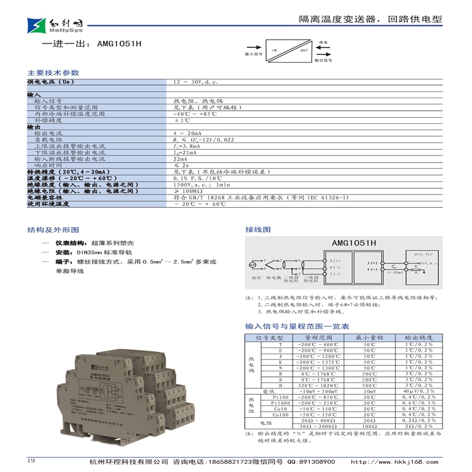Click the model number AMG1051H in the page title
point(120,45)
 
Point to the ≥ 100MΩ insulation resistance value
point(189,191)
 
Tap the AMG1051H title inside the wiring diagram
point(354,242)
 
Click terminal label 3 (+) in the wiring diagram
point(372,262)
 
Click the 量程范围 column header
point(318,338)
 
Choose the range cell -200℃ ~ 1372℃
point(318,362)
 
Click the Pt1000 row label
point(281,403)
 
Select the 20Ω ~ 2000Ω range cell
point(318,426)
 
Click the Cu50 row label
point(281,409)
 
